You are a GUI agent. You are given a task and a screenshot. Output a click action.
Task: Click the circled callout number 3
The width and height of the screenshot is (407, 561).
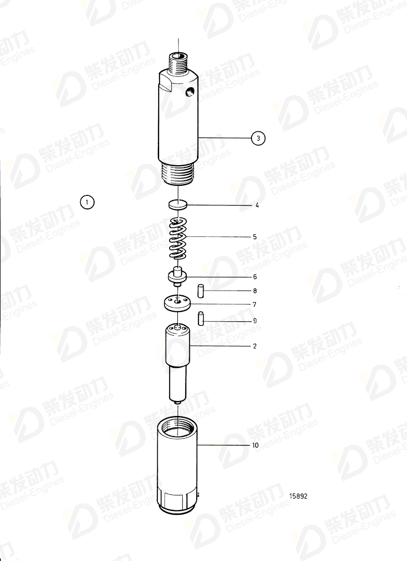258,138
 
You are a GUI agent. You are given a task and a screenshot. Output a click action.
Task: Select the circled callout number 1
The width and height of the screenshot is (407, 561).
87,201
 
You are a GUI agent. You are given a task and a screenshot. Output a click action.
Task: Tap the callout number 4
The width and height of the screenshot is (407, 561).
257,205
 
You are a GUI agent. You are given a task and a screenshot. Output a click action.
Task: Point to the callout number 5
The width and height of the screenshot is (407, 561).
255,237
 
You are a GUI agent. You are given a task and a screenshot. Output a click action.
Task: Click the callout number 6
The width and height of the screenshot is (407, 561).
255,277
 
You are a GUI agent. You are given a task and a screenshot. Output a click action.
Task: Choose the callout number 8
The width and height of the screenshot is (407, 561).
255,291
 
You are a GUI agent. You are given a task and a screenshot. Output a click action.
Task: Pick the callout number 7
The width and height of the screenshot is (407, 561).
255,304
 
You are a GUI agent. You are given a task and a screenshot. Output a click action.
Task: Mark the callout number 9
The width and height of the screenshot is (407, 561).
255,321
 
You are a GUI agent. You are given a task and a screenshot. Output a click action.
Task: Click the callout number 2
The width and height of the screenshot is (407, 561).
255,346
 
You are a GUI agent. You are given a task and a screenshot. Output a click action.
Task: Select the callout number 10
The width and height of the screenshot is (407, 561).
255,445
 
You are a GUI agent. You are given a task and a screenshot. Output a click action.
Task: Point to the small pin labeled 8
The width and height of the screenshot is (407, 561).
200,290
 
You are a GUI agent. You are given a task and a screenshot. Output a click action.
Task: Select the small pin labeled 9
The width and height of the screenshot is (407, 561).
200,318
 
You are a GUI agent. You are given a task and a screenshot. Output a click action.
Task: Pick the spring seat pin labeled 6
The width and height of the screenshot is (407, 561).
178,275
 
